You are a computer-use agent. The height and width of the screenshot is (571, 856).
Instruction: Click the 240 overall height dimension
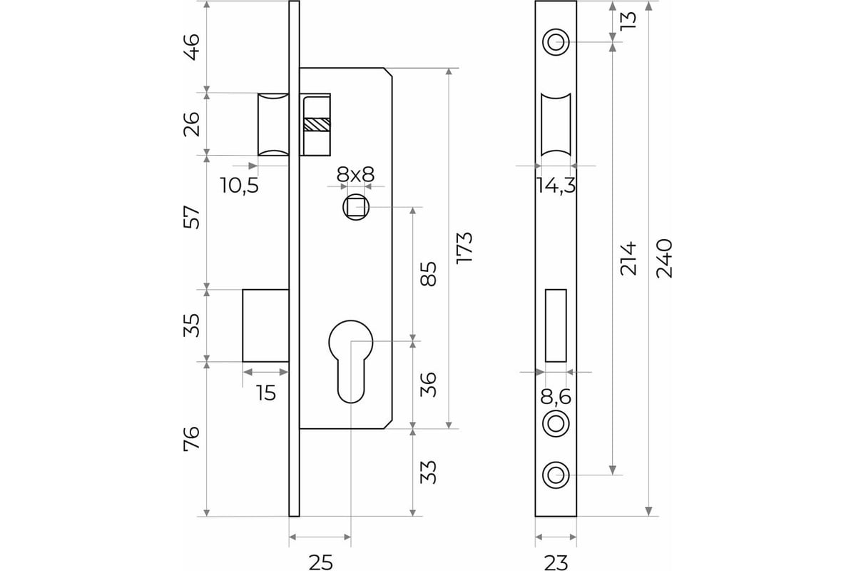click(x=664, y=258)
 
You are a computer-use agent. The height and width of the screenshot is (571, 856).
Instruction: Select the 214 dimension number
click(x=628, y=258)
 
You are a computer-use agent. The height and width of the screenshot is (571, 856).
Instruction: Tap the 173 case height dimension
click(x=464, y=248)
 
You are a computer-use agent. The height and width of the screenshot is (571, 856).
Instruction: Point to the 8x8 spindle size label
click(x=355, y=175)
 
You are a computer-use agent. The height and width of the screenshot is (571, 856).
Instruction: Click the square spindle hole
click(x=356, y=207)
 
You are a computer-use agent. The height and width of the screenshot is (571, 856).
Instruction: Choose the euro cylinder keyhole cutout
click(x=351, y=361)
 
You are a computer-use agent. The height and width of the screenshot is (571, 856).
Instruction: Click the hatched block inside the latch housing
click(x=317, y=124)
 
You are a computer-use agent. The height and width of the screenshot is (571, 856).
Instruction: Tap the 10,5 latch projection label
click(x=240, y=185)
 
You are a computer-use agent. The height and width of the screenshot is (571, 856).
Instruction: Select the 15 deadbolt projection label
click(x=266, y=393)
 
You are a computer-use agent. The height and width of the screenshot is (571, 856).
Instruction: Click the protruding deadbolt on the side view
click(x=265, y=325)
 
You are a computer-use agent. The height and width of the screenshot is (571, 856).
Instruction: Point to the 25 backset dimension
click(x=320, y=562)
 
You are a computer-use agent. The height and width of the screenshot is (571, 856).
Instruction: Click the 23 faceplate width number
click(x=556, y=562)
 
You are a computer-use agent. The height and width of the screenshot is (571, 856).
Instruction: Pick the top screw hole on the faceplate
click(x=556, y=41)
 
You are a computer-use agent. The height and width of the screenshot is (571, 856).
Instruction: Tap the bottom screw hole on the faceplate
click(x=556, y=475)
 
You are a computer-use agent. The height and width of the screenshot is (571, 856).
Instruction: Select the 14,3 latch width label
click(x=556, y=186)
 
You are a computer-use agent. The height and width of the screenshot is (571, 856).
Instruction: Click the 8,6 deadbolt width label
click(x=556, y=397)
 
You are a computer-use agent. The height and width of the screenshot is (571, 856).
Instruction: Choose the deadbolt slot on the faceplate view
click(x=556, y=325)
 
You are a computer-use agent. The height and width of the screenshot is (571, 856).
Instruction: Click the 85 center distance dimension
click(x=428, y=274)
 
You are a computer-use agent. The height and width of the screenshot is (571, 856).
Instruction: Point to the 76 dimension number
click(x=191, y=439)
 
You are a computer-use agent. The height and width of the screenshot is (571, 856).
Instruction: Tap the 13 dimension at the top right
click(x=628, y=21)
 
